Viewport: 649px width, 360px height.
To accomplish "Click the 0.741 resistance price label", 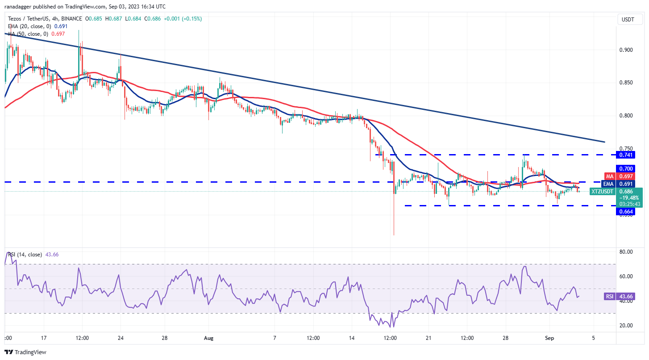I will pyautogui.click(x=625, y=155).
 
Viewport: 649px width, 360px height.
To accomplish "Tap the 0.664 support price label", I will pyautogui.click(x=625, y=211).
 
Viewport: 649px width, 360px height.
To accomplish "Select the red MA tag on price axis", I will pyautogui.click(x=610, y=176).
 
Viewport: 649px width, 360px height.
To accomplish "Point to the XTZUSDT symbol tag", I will pyautogui.click(x=602, y=191).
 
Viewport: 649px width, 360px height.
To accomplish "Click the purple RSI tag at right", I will pyautogui.click(x=610, y=297).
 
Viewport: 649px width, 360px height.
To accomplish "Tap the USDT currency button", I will pyautogui.click(x=629, y=19).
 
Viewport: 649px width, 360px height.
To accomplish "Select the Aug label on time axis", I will pyautogui.click(x=209, y=339).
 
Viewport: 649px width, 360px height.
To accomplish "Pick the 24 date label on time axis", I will pyautogui.click(x=121, y=339).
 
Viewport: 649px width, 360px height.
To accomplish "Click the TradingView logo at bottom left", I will pyautogui.click(x=25, y=352).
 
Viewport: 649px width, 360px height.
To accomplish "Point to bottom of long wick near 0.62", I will pyautogui.click(x=394, y=235).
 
